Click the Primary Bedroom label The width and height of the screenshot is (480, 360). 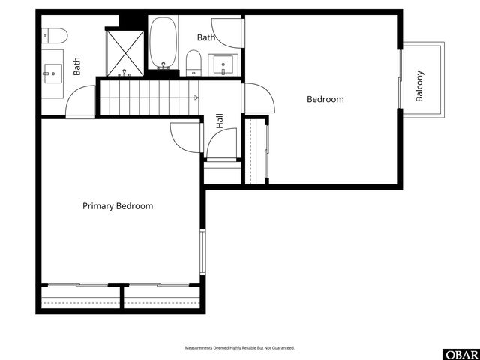[x=118, y=206]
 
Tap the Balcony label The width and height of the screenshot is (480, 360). [x=420, y=86]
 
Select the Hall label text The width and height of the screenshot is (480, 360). [x=220, y=121]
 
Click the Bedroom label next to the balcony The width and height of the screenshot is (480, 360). [x=325, y=99]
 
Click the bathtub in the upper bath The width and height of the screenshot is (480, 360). [x=163, y=43]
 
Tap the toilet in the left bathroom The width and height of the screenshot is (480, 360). [x=55, y=34]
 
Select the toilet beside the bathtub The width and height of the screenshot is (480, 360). [x=194, y=62]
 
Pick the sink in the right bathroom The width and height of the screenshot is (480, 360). [x=223, y=65]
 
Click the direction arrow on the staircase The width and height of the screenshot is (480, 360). [x=195, y=97]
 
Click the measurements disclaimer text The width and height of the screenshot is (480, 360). [x=240, y=348]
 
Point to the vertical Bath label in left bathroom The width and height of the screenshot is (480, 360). [x=77, y=67]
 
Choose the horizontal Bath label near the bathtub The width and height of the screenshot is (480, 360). [x=206, y=37]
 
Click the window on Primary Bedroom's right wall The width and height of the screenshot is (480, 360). [x=201, y=252]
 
